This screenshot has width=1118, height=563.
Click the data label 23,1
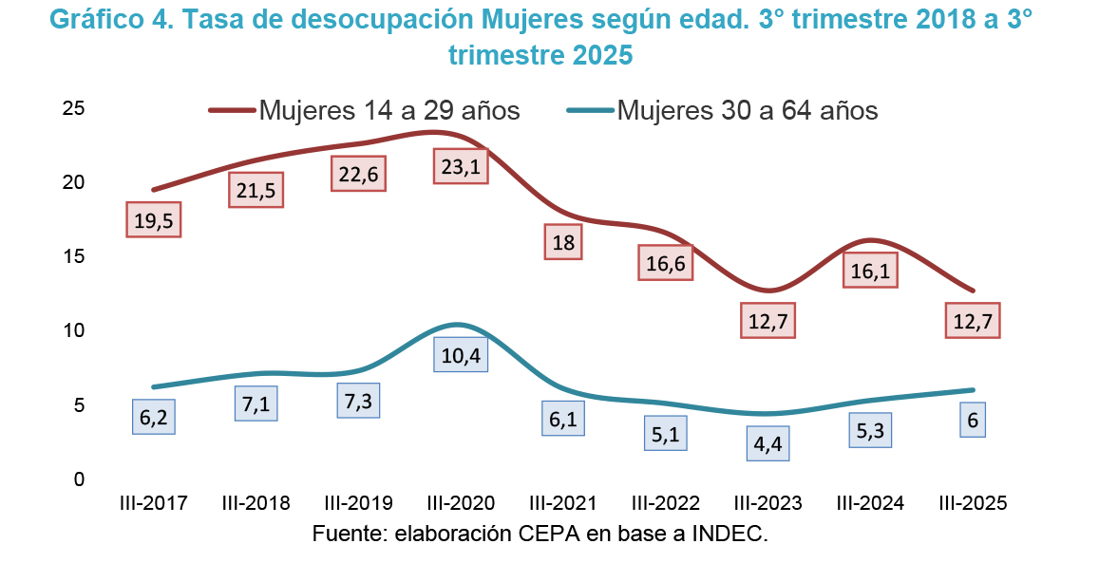point(461,166)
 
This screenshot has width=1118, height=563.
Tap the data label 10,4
point(461,354)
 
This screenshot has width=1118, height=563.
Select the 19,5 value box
point(153,219)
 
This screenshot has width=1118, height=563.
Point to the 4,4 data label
point(771,444)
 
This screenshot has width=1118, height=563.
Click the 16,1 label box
point(871,271)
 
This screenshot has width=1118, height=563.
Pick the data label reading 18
point(563,242)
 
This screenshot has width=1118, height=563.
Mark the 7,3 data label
point(358,400)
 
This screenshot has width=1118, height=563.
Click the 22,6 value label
point(358,174)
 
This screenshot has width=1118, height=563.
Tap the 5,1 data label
point(666,433)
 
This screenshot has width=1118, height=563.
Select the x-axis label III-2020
point(461,503)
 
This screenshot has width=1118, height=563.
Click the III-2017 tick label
point(153,503)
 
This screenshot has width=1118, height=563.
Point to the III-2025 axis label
point(972,503)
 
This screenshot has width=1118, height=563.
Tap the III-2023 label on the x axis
point(767,503)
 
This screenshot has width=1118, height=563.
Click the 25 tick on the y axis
point(73,108)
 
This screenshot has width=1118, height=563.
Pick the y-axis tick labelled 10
point(73,330)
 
